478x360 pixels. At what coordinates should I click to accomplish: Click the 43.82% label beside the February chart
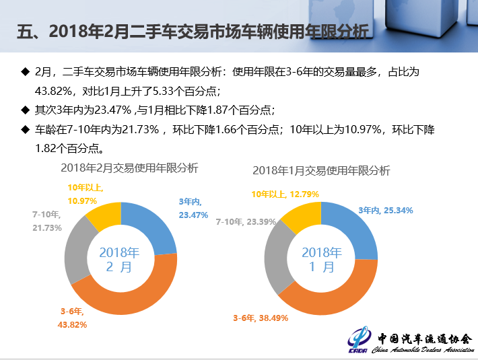[x=74, y=318]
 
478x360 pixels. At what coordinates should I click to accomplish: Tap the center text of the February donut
[x=120, y=259]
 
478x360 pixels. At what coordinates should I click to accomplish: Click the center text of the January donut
[x=321, y=260]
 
